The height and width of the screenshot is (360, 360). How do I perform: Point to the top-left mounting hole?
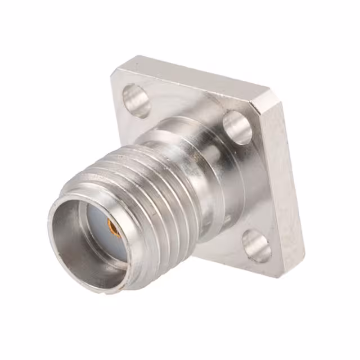tap(136, 100)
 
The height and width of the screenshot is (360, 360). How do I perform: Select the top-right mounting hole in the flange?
tap(237, 128)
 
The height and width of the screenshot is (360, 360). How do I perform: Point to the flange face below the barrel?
tap(219, 247)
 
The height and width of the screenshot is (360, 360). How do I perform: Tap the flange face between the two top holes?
tap(186, 101)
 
